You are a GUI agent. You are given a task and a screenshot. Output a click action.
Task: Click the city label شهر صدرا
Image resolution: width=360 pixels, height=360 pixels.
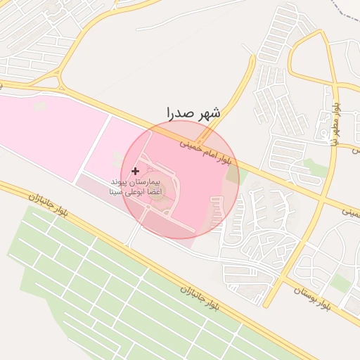(x=193, y=112)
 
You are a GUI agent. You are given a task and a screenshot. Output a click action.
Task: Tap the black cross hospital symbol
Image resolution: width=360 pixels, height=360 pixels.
(x=135, y=171)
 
